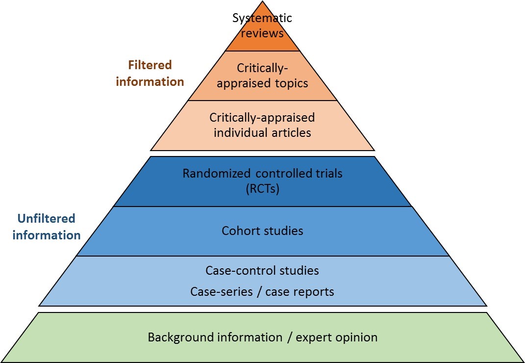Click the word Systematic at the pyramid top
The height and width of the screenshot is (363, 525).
(x=262, y=19)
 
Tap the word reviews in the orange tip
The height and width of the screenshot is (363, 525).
(x=262, y=34)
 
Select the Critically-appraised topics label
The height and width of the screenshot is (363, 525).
(x=262, y=75)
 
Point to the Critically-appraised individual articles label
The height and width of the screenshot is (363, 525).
(x=262, y=125)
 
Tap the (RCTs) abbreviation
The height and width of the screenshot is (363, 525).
(x=262, y=189)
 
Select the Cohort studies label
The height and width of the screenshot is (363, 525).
(x=262, y=231)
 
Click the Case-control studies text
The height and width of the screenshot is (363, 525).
(x=262, y=270)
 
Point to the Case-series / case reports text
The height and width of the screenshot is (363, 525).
(x=262, y=292)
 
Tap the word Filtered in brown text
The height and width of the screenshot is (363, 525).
(x=150, y=65)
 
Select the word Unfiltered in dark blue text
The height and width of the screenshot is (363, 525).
(x=46, y=218)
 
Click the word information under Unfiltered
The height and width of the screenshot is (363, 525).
(x=46, y=235)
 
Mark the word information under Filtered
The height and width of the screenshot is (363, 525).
(x=150, y=81)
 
